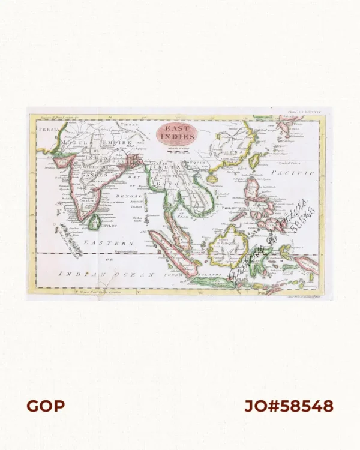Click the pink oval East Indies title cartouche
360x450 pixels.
[x=177, y=133]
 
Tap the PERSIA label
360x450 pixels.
[x=44, y=128]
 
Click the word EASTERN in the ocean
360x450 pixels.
[x=108, y=243]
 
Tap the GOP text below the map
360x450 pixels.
[x=45, y=406]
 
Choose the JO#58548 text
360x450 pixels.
[x=288, y=406]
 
